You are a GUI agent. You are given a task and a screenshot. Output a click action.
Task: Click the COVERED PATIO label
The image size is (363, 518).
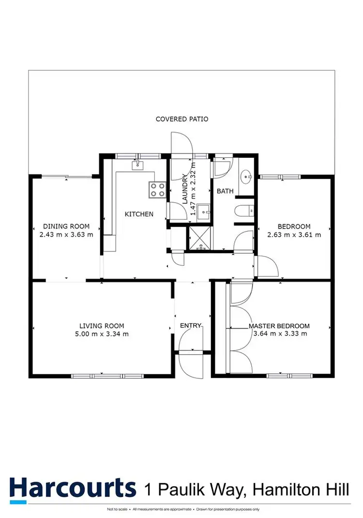181,119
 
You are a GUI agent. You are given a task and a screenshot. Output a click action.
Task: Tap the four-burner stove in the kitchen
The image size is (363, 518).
157,189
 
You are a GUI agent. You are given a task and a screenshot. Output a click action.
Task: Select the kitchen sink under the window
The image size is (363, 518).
138,166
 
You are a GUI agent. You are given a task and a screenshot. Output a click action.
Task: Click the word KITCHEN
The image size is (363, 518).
139,214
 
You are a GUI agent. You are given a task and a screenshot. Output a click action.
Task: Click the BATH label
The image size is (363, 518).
225,191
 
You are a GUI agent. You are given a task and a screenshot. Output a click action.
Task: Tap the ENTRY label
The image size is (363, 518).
191,326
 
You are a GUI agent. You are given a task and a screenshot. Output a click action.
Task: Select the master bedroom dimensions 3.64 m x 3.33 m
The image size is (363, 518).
279,334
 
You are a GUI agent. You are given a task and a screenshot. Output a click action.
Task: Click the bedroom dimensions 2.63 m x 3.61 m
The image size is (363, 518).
294,235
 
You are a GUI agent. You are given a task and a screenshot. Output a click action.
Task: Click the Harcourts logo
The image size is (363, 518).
73,488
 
